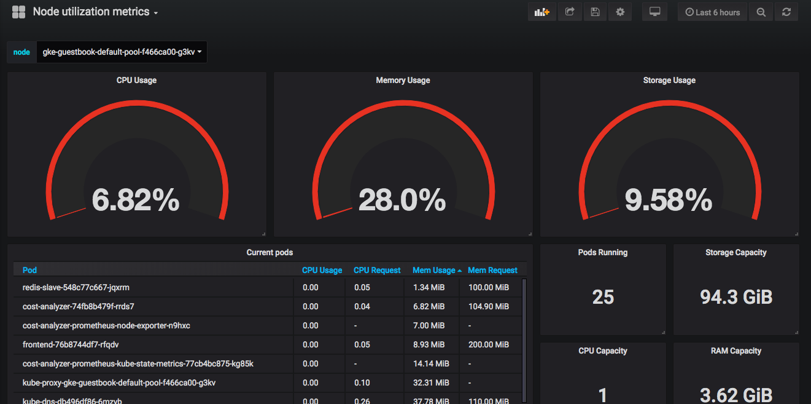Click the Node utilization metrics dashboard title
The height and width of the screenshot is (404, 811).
91,12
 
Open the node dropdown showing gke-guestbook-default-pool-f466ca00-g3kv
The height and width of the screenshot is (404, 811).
122,52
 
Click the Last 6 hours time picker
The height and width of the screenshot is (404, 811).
712,12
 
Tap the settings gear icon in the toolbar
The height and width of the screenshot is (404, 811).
620,12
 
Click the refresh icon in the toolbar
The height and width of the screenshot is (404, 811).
786,12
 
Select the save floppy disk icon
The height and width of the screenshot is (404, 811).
595,12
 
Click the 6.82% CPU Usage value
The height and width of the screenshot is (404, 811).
136,200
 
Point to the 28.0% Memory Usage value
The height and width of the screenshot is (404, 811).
402,200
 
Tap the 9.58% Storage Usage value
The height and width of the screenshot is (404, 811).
669,200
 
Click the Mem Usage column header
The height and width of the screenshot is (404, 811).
434,270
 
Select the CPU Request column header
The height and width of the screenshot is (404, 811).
377,270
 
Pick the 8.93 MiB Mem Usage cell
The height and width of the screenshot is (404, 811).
429,344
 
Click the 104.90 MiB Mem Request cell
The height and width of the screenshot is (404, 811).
489,306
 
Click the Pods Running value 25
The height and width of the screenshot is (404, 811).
603,298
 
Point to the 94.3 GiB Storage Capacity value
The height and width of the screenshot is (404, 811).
736,298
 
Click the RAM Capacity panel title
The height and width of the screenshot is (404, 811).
736,351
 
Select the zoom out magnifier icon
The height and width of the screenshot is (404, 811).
761,12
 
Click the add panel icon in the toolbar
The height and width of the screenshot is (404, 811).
542,12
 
